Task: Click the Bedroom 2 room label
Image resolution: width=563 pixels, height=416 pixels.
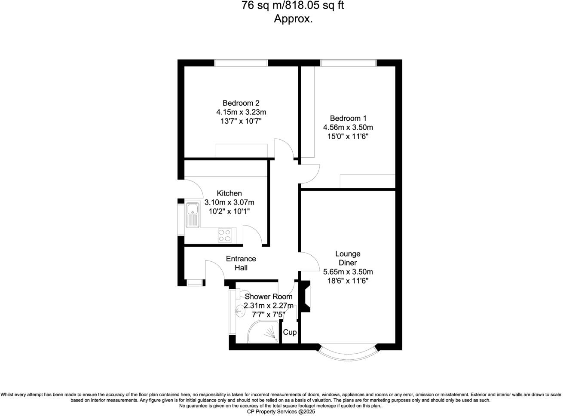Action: [x=241, y=103]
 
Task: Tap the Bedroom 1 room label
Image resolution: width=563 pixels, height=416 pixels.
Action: [x=348, y=118]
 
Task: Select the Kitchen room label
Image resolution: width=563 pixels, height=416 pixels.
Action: [x=229, y=193]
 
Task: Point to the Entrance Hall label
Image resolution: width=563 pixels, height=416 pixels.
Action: [x=241, y=263]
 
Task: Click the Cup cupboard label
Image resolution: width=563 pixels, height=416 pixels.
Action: [x=290, y=332]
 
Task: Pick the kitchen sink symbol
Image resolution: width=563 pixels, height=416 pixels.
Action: [x=192, y=215]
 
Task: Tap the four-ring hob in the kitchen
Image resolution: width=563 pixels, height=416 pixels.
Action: [x=224, y=235]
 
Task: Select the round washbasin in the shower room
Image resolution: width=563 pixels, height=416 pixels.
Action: [x=239, y=311]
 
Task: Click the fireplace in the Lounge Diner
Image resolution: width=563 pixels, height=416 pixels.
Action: [x=306, y=296]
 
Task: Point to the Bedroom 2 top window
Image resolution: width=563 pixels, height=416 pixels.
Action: [x=241, y=63]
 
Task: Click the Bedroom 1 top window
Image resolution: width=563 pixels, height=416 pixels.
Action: [x=348, y=63]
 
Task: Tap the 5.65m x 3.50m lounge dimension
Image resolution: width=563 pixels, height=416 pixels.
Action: [x=348, y=272]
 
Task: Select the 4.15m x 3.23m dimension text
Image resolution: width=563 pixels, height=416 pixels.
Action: [x=241, y=112]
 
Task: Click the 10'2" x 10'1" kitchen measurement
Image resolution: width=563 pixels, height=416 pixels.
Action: [x=229, y=211]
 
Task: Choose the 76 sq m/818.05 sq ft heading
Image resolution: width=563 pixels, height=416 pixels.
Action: [x=293, y=6]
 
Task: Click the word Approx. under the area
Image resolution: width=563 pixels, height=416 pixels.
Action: [x=293, y=19]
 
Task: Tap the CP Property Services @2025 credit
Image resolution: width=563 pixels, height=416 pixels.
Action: [x=281, y=411]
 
